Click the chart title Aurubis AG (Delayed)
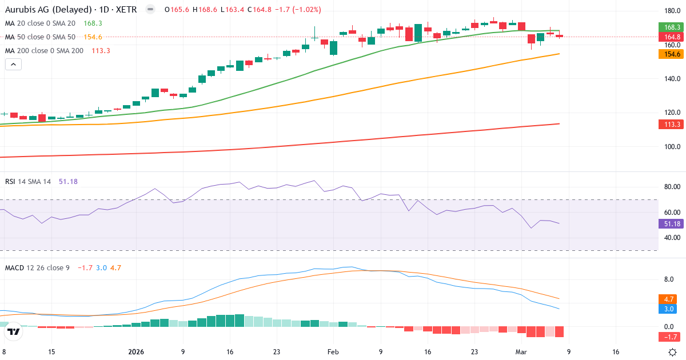point(49,10)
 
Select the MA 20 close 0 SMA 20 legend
point(40,23)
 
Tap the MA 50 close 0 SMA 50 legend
point(40,37)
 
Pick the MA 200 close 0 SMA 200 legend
point(44,51)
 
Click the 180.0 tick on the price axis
point(672,11)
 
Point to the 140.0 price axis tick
point(672,79)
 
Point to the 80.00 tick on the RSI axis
point(672,187)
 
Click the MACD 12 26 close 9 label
point(37,267)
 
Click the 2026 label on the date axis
point(136,352)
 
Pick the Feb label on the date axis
point(333,352)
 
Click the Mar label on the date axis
point(521,352)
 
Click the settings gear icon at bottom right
point(673,352)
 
